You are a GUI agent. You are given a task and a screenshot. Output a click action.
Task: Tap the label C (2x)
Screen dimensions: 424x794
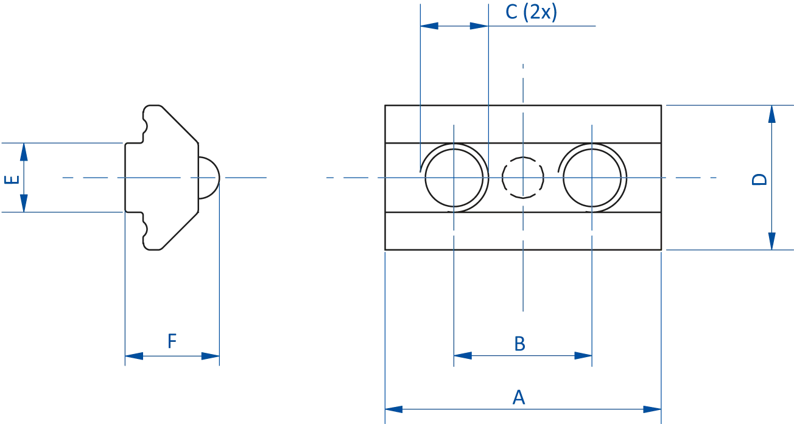pos(531,12)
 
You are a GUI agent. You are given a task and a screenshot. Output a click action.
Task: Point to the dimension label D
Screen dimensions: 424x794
pos(757,180)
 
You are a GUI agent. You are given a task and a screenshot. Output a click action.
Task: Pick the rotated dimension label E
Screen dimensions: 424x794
pos(7,179)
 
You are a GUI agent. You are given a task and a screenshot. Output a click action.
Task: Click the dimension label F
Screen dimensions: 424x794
pos(173,341)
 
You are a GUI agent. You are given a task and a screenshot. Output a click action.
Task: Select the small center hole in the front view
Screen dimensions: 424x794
pos(523,177)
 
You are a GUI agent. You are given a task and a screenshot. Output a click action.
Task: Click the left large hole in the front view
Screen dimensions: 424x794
pos(455,177)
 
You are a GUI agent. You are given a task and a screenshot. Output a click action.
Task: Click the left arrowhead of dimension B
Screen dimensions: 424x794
pos(464,355)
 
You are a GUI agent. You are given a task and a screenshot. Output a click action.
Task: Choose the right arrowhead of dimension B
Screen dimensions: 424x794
pos(583,355)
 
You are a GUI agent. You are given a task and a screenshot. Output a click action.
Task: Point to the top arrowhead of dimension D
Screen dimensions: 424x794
pos(771,116)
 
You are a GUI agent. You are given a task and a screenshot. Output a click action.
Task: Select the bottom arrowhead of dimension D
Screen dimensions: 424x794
pos(771,238)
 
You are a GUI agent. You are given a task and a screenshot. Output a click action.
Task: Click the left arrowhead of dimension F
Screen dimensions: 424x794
pos(134,355)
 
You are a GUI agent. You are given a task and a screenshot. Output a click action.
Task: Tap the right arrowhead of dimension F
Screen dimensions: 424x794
pos(208,355)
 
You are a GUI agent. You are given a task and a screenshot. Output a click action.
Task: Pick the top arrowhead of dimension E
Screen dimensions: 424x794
pos(24,155)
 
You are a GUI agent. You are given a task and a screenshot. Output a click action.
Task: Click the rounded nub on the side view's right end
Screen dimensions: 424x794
pos(209,177)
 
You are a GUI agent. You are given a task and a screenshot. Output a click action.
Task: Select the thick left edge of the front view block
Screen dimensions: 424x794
pos(385,177)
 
